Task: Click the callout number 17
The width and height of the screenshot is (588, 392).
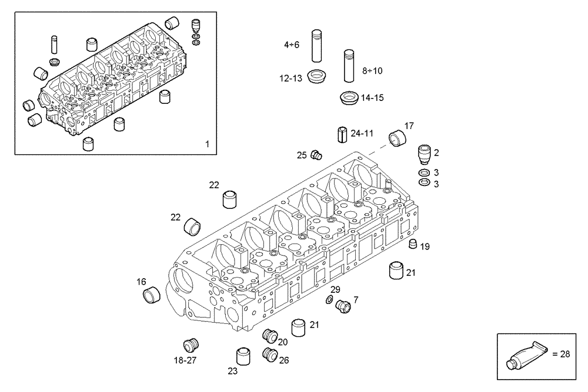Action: (409, 126)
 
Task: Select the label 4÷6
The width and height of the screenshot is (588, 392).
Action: (292, 45)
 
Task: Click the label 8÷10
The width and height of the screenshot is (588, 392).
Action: (372, 70)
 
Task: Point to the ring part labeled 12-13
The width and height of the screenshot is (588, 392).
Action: (318, 76)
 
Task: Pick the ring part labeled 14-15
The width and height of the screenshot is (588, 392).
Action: (350, 97)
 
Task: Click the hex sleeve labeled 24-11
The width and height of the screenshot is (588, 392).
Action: (343, 134)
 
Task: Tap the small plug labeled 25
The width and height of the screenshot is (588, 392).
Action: (318, 155)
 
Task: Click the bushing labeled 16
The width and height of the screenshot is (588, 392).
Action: (152, 293)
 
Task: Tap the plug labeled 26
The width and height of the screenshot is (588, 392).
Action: (271, 354)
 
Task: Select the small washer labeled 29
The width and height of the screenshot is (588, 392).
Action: (329, 301)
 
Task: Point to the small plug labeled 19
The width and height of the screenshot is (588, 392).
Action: (412, 245)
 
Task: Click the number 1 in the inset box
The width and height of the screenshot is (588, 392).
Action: (206, 144)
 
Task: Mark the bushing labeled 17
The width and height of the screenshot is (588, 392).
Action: (399, 140)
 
